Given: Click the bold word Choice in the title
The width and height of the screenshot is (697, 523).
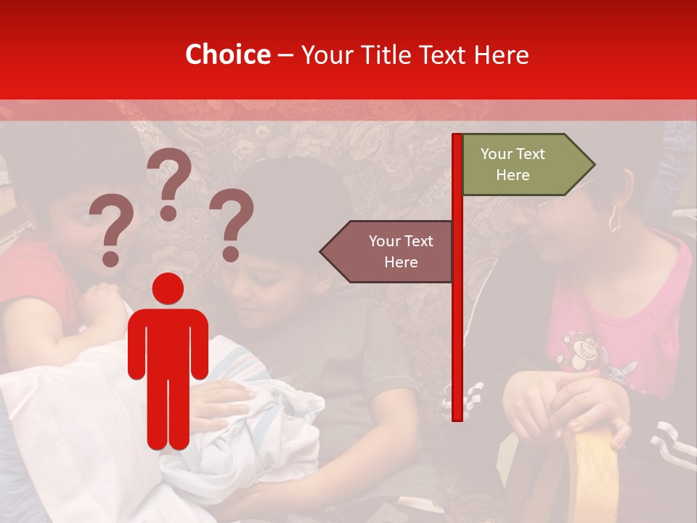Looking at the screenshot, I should tap(227, 54).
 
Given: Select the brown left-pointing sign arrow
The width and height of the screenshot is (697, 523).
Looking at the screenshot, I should tap(388, 251).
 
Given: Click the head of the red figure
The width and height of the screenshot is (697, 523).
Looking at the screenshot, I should tap(168, 288).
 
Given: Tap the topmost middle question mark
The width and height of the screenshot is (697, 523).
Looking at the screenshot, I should tap(169, 182).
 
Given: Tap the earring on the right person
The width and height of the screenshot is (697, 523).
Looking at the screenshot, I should tap(614, 219).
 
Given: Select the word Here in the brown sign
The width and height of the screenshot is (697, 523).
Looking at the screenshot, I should tap(401, 262).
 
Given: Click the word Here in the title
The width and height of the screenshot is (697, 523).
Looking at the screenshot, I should tap(501, 55).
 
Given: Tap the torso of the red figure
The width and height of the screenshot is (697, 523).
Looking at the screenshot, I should tap(168, 341).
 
